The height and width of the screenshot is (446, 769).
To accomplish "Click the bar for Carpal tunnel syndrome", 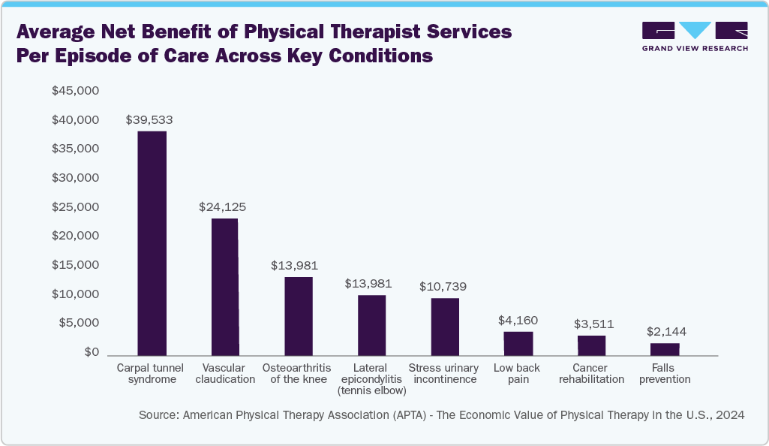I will (152, 243).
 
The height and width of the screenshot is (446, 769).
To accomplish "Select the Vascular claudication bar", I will (224, 287).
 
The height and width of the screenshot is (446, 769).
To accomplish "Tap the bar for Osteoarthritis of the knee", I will (298, 316).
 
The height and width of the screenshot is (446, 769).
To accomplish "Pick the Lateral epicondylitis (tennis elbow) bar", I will (371, 325).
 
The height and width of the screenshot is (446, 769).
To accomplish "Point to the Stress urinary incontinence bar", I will (445, 327).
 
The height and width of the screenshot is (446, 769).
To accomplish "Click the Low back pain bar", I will (518, 343).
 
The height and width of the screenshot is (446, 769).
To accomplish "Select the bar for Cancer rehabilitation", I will (591, 345).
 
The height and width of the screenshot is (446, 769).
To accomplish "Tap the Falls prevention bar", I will (665, 349).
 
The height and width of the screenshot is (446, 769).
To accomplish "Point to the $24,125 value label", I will (222, 206).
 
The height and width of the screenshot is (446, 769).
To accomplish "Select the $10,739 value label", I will (443, 286).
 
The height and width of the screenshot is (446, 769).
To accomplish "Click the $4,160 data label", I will (518, 320).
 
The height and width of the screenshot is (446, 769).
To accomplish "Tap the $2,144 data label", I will (666, 331).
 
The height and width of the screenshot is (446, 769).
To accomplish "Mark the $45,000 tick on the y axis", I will (75, 91).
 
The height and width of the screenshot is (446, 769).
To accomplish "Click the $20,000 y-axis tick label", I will (75, 236).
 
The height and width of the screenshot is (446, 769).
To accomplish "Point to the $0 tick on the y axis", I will (91, 352).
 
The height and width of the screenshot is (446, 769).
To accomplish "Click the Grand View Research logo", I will (695, 36).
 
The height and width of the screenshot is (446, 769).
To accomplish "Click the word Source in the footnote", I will (158, 414).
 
